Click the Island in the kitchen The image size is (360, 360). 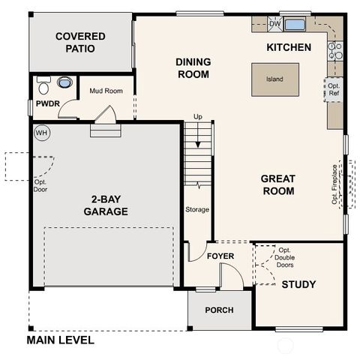[274, 79]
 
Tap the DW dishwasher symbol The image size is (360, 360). [274, 25]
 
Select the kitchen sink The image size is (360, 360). [295, 25]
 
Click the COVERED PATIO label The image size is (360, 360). [80, 43]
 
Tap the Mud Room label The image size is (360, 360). [106, 91]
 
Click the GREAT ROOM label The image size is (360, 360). [277, 184]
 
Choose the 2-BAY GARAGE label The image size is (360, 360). [105, 205]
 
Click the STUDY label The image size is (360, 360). [298, 284]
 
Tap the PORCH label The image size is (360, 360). [218, 310]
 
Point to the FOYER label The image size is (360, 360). [220, 256]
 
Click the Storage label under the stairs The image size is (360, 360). [197, 209]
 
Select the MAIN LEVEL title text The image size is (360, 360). [61, 340]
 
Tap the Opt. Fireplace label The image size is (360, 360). [335, 184]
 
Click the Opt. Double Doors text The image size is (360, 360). [285, 258]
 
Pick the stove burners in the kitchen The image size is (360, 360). [335, 50]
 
